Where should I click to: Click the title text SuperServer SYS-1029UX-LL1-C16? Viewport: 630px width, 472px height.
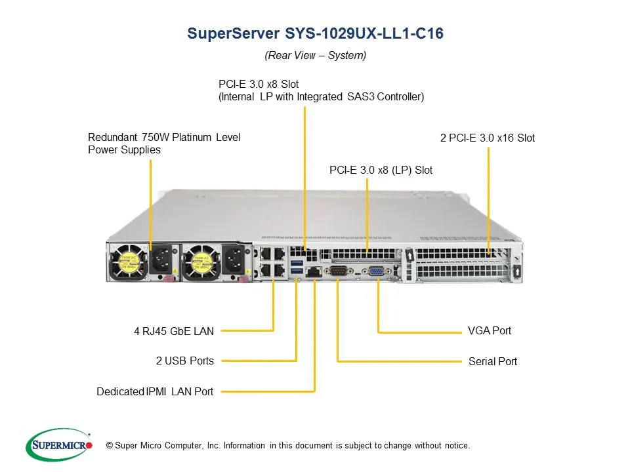coord(315,34)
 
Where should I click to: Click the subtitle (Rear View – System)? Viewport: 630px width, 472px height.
coord(315,56)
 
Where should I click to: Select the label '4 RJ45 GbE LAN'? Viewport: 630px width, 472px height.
coord(174,332)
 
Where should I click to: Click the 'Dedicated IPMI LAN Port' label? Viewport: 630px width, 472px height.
coord(155,392)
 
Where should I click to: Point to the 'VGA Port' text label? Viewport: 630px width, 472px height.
coord(489,330)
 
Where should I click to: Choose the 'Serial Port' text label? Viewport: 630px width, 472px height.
coord(492,361)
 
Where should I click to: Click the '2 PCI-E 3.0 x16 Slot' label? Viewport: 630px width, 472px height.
coord(487,138)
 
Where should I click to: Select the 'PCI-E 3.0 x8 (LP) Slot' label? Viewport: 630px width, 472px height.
coord(381,170)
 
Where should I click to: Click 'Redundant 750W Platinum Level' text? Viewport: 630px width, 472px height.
coord(164,137)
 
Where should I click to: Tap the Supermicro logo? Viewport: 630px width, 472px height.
coord(59,445)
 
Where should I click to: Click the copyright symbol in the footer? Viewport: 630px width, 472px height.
coord(109,446)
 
